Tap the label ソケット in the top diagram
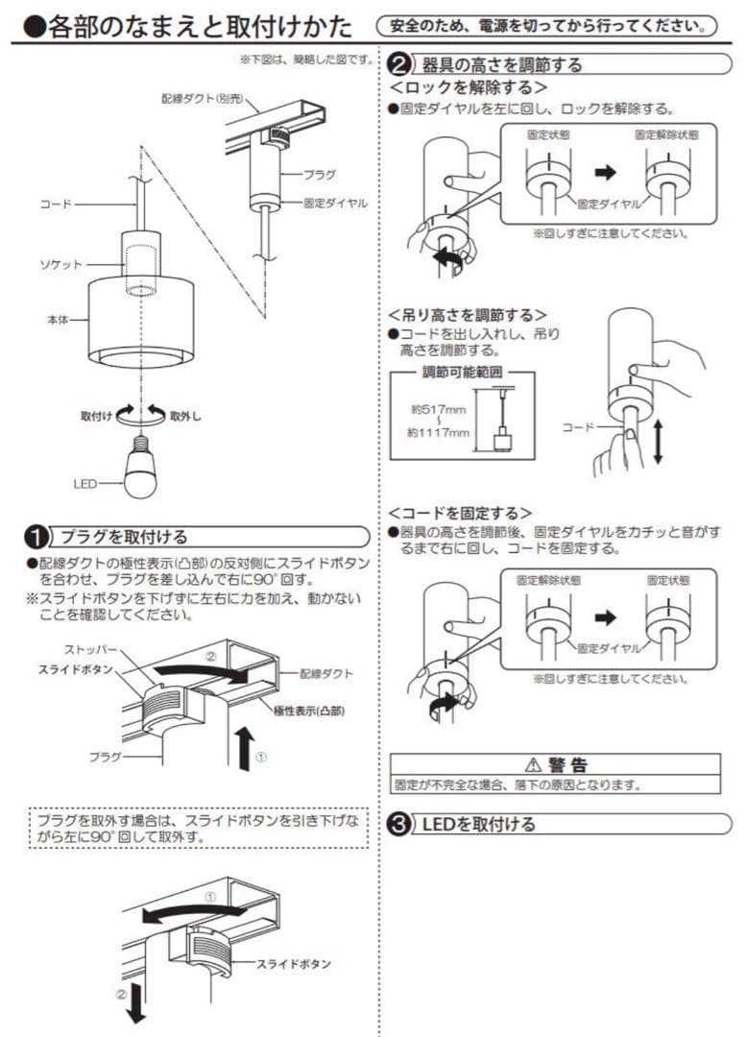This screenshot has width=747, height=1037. point(66,264)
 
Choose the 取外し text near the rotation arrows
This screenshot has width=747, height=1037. point(185,417)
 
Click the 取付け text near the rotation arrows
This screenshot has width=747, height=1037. point(97,417)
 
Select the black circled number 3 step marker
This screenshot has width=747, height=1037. point(398,824)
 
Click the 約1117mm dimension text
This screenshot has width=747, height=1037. point(438,433)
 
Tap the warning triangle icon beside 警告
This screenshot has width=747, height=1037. point(533,765)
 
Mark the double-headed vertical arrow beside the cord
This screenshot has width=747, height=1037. point(658,441)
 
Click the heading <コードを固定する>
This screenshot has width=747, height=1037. point(460,513)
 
